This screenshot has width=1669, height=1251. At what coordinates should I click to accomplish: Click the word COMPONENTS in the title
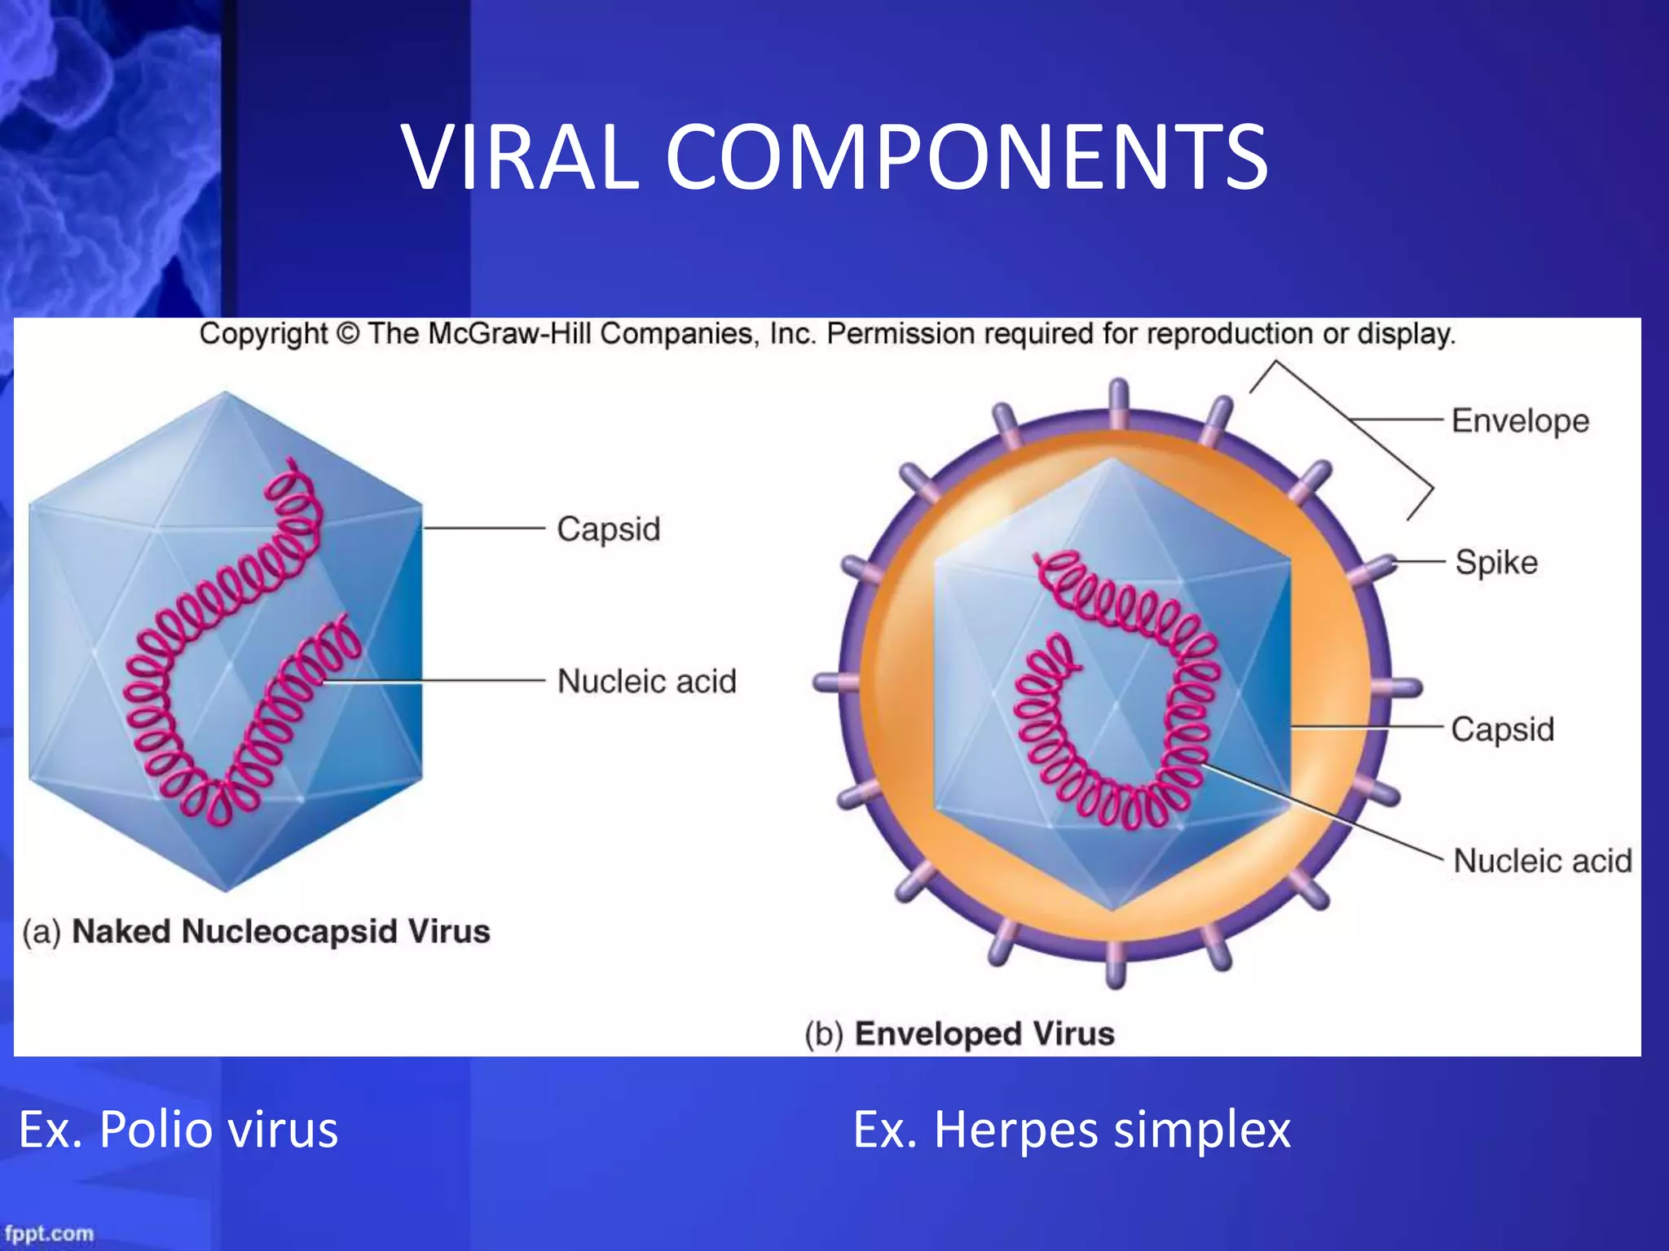tap(967, 157)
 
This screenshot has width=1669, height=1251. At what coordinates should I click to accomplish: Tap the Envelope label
tap(1520, 421)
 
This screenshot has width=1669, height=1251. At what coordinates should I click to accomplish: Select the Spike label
tap(1496, 563)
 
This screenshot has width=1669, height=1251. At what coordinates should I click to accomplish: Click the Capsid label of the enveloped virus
tap(1502, 729)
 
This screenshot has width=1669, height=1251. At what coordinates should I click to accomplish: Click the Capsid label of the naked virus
tap(608, 529)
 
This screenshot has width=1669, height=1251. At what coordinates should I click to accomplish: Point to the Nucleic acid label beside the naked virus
tap(646, 681)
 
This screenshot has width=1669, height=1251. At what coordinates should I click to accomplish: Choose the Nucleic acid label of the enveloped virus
tap(1542, 861)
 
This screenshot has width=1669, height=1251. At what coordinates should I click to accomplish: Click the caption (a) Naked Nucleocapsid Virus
tap(256, 931)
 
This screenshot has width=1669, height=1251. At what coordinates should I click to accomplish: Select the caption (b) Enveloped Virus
tap(959, 1034)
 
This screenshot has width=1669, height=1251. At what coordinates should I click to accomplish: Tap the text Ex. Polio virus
tap(178, 1130)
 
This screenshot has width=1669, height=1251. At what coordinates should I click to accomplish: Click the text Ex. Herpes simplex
tap(1071, 1130)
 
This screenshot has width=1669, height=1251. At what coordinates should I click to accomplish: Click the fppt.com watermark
tap(49, 1233)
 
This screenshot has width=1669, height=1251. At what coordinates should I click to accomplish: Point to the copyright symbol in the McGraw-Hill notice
tap(347, 334)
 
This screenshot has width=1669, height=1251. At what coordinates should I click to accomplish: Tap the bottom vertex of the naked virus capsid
tap(226, 888)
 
